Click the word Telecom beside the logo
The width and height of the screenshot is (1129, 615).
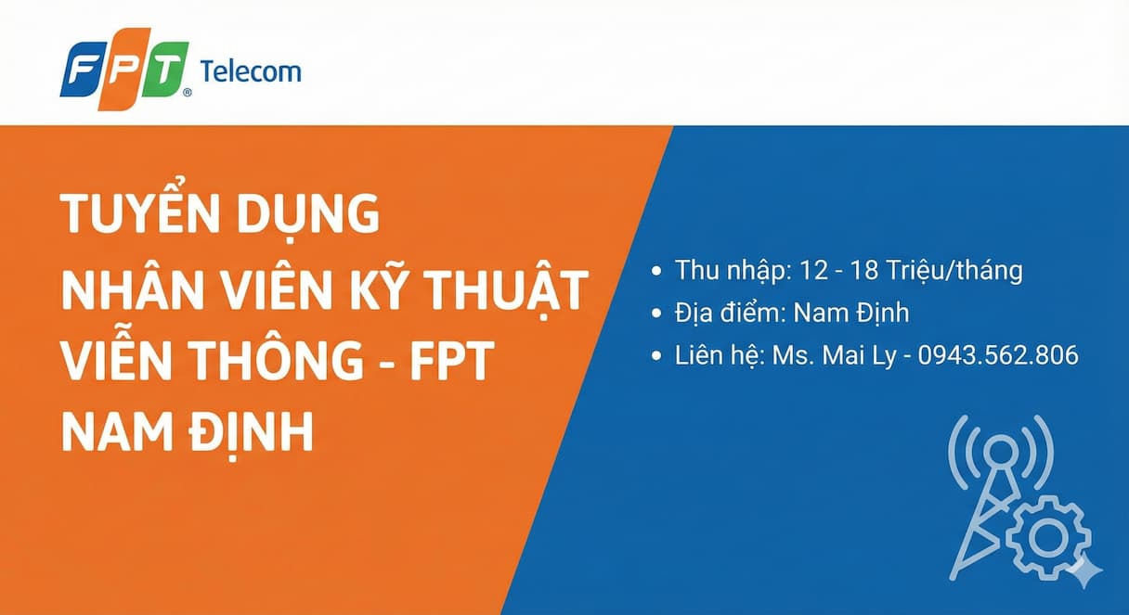click(x=251, y=71)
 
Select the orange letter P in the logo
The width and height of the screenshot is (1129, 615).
click(x=124, y=70)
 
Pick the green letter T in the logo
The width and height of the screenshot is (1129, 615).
click(x=164, y=70)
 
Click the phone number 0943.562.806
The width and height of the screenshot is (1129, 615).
click(x=998, y=354)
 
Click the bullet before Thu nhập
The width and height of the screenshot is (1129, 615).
click(x=657, y=272)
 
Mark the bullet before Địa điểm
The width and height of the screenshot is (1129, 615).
click(x=657, y=314)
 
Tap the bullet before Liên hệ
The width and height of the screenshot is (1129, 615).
click(x=657, y=355)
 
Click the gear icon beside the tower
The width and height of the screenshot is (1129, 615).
click(x=1048, y=535)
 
